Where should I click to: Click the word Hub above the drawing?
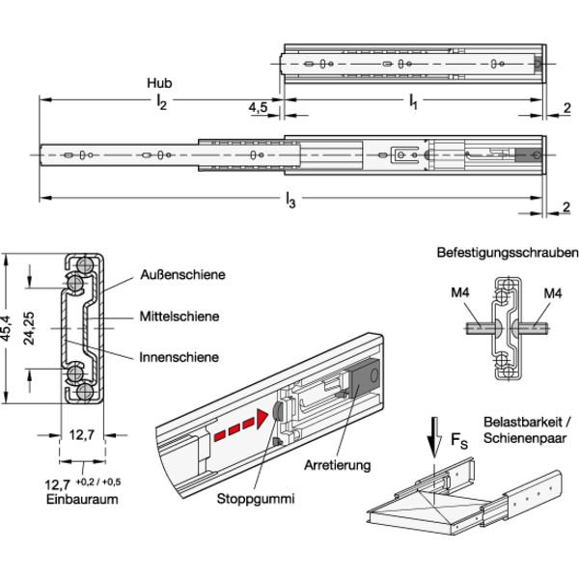coord(159,83)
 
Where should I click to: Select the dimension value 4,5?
coord(258,107)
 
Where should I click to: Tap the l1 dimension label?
coord(414,100)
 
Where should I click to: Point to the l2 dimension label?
coord(161,101)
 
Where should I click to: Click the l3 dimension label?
coord(290,201)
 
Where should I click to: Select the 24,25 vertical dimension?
coord(29,328)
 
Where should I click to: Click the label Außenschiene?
coord(182,275)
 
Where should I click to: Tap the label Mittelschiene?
coord(179,317)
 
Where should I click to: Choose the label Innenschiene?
coord(179,357)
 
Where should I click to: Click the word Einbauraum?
coord(82,499)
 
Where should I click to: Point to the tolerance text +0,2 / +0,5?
coord(98,482)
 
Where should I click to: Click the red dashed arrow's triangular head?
coord(262,419)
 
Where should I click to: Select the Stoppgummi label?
coord(256,499)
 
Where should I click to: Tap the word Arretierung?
coord(338,465)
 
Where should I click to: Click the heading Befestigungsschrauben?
coord(508,253)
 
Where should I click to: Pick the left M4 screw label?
coord(460,292)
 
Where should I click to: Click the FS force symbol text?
coord(459,441)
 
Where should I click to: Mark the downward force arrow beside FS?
coord(434,437)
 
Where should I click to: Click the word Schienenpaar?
coord(525,438)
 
